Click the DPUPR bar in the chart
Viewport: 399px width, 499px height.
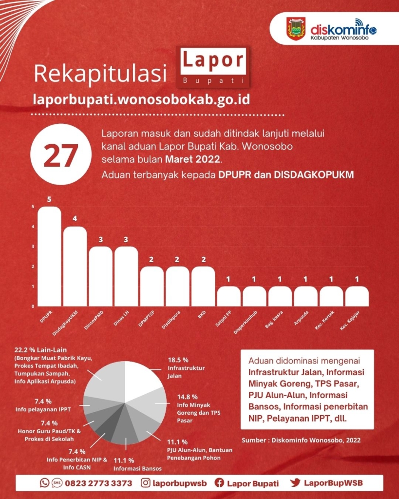(x=49, y=256)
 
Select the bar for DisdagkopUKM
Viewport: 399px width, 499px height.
(x=75, y=267)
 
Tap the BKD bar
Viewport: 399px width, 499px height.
(x=203, y=287)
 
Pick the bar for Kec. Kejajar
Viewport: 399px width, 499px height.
(x=357, y=296)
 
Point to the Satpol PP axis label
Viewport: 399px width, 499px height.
(x=223, y=318)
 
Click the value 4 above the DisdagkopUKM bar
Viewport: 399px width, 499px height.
(x=75, y=219)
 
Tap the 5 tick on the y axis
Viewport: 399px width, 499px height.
(x=33, y=207)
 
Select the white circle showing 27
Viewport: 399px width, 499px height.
(x=61, y=155)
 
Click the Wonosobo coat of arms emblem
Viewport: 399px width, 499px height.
(x=296, y=29)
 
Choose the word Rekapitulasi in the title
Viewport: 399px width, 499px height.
(x=100, y=74)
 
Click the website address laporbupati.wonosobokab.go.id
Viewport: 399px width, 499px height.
(x=142, y=99)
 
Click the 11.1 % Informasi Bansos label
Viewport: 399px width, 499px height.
(x=137, y=464)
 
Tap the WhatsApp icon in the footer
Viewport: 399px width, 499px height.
(x=44, y=483)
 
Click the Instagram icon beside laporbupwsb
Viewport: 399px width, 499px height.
(x=145, y=483)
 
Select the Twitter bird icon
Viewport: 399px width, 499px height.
(x=295, y=482)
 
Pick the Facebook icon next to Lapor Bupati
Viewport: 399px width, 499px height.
(x=219, y=483)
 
